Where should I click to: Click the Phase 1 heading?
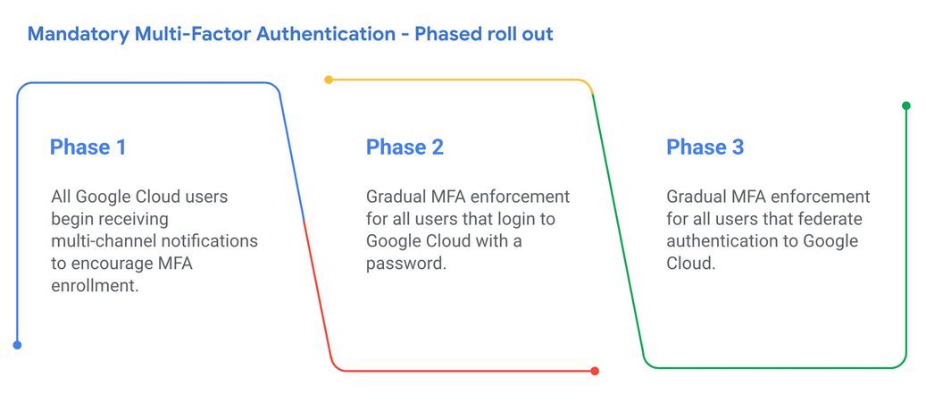tap(88, 147)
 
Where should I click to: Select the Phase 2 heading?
tap(405, 147)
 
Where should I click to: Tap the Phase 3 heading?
tap(705, 147)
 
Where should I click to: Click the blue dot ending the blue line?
tap(17, 345)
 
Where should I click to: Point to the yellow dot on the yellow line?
tap(329, 80)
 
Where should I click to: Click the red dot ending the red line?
tap(595, 371)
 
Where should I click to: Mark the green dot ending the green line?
tap(906, 105)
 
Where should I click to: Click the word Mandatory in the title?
tap(79, 34)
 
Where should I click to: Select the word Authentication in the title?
tap(325, 34)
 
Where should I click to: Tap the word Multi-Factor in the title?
tap(193, 34)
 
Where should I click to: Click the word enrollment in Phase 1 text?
tap(95, 287)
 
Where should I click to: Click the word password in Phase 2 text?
tap(405, 264)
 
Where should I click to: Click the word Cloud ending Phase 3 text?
tap(691, 264)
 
